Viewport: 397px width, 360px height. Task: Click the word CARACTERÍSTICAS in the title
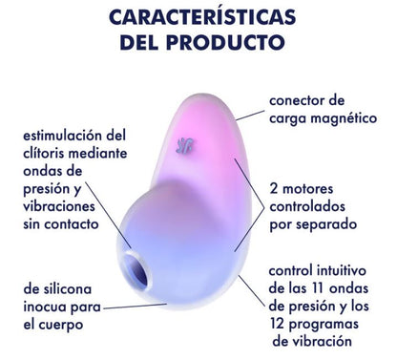[x=199, y=19]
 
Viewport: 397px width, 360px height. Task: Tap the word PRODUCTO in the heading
[x=234, y=43]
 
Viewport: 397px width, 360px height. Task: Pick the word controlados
[x=309, y=207]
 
